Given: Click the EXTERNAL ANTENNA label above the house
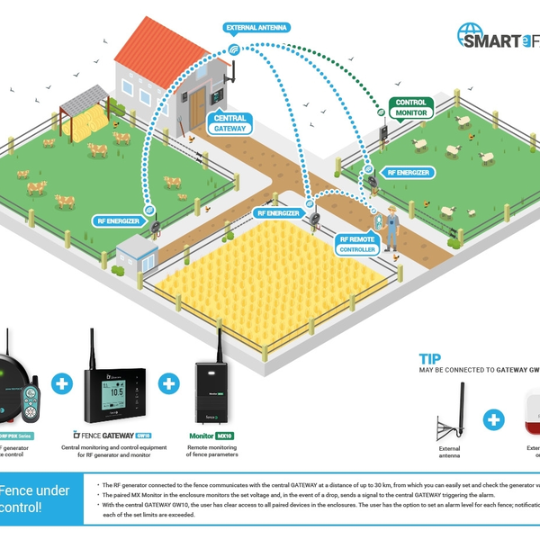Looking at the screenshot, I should click(256, 28).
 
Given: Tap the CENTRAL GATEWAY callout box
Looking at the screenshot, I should click(230, 124).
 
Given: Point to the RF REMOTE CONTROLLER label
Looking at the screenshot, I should click(356, 244).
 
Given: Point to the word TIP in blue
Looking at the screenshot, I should click(429, 357).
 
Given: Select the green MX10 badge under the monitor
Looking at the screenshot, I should click(225, 434).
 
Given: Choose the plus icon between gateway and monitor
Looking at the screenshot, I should click(168, 383).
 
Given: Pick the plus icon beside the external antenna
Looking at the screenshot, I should click(492, 420).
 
